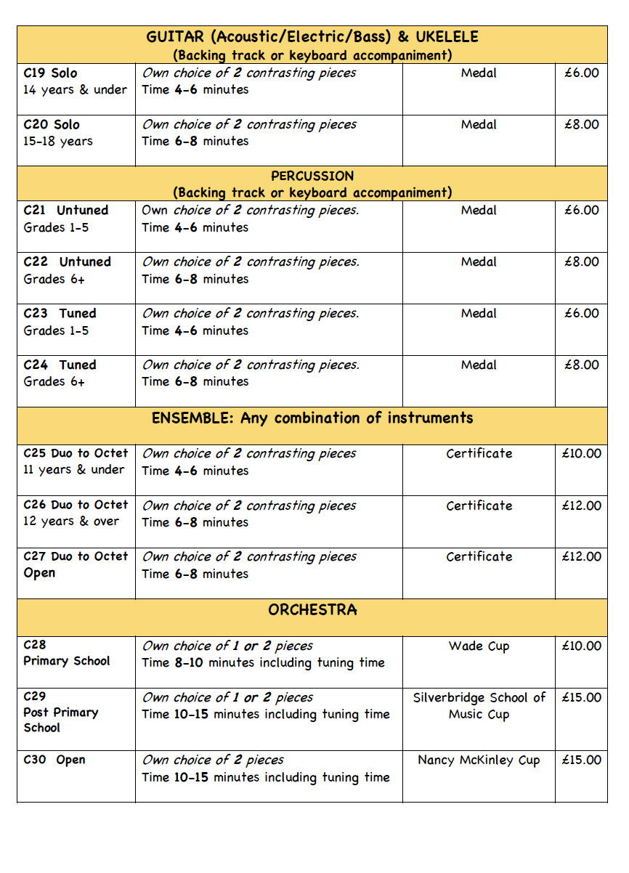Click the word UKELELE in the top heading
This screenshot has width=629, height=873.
tap(447, 37)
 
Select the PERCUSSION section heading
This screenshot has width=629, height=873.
tap(312, 176)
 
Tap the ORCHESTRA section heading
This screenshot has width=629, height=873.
tap(312, 610)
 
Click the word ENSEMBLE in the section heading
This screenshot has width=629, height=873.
tap(192, 418)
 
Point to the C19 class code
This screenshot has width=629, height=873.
tap(34, 73)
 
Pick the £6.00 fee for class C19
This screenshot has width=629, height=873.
tap(581, 73)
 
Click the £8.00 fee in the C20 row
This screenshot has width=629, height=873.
tap(581, 124)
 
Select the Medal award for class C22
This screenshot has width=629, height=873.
tap(479, 261)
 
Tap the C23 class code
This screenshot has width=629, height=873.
tap(35, 313)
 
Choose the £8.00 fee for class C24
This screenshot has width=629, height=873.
tap(581, 365)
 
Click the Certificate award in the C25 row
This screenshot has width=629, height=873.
tap(479, 453)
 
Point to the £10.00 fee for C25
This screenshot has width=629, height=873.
tap(581, 453)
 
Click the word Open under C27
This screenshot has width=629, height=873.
tap(39, 573)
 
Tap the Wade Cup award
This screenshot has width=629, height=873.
tap(479, 646)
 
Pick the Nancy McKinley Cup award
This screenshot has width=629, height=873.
tap(479, 760)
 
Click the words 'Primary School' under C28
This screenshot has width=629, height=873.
tap(67, 661)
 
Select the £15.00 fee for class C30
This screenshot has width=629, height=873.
tap(581, 760)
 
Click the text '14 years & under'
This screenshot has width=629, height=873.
tap(75, 90)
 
